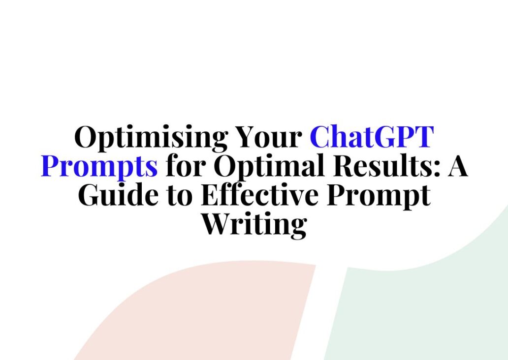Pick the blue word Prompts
pos(99,166)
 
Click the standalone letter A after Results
pos(458,166)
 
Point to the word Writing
pos(254,224)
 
